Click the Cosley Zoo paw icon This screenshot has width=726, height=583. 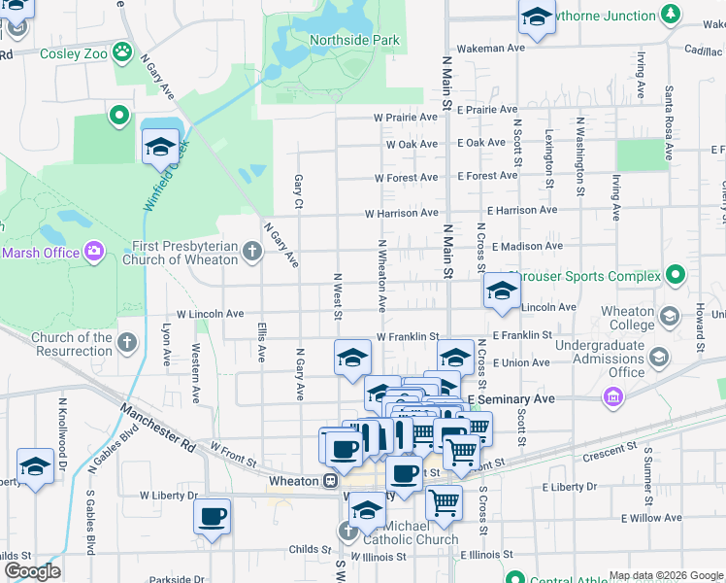(122, 51)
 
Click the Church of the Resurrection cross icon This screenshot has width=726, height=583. (126, 342)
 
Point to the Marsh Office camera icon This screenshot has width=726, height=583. (94, 252)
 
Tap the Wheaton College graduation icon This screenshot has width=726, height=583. (670, 317)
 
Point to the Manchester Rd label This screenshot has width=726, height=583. (159, 428)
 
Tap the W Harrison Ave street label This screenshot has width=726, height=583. (401, 213)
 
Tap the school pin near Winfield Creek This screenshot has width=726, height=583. (160, 149)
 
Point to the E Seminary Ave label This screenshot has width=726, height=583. (511, 399)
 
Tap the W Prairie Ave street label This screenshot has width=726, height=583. (406, 118)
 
